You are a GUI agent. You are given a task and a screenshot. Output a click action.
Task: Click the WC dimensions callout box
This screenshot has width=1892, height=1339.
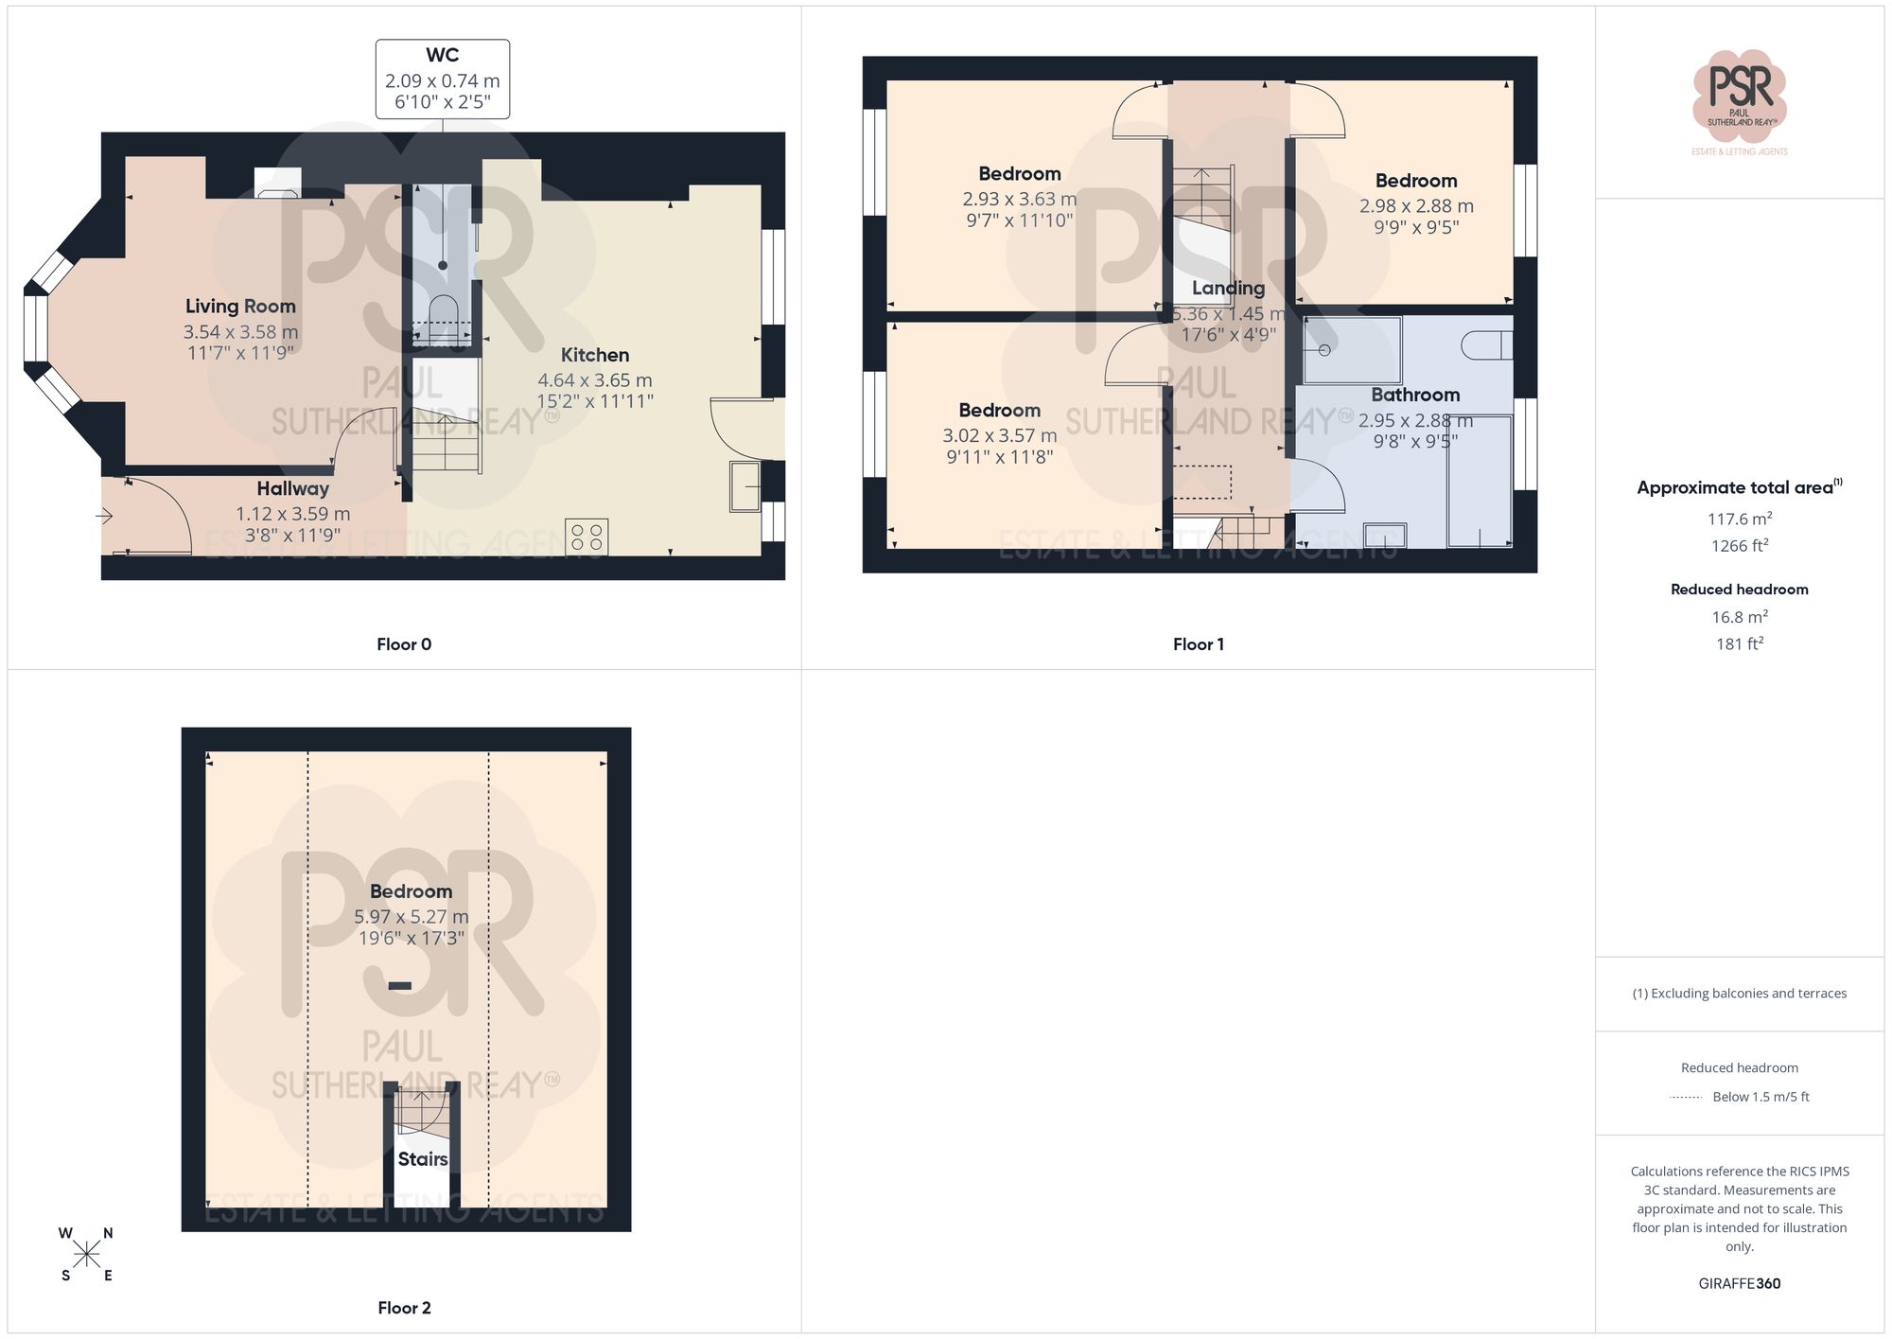[442, 79]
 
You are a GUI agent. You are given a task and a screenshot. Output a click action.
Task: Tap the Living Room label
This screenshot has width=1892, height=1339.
[240, 306]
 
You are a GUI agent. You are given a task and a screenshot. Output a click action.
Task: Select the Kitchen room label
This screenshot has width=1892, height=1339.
[594, 355]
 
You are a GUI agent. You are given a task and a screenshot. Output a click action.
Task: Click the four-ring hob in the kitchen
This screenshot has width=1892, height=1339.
[587, 537]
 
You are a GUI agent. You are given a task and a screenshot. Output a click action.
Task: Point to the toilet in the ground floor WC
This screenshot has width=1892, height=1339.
[443, 311]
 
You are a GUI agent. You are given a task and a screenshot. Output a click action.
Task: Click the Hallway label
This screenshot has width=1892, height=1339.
[292, 488]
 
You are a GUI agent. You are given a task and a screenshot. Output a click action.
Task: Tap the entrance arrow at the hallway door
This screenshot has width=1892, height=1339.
[105, 516]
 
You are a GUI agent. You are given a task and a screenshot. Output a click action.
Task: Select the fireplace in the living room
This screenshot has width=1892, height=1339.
[278, 184]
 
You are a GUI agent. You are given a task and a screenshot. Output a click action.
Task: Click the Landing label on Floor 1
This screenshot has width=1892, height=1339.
[1228, 288]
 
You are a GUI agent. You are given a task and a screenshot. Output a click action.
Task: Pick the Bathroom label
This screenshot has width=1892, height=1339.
[1415, 395]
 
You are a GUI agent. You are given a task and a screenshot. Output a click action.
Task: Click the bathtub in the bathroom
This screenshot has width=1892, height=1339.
[1480, 481]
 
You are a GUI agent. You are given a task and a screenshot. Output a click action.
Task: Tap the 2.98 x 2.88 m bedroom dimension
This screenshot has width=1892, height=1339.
[1416, 205]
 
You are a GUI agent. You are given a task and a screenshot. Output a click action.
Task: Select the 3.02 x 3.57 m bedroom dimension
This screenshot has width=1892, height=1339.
[999, 435]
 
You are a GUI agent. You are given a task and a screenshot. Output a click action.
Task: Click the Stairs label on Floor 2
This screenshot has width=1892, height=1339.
[422, 1159]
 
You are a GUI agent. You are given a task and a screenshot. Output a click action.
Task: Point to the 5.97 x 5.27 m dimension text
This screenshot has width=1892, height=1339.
[411, 916]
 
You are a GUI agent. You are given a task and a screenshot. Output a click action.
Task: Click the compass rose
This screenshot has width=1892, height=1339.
[86, 1255]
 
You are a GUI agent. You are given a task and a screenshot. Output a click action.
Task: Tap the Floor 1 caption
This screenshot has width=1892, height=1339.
[1198, 644]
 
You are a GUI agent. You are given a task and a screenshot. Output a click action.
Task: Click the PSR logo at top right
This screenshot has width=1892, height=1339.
[1739, 95]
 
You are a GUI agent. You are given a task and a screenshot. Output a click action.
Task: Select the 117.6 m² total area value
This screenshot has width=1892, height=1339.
[1739, 519]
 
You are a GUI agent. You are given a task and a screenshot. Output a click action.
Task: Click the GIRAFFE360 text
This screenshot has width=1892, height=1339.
[1739, 1283]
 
